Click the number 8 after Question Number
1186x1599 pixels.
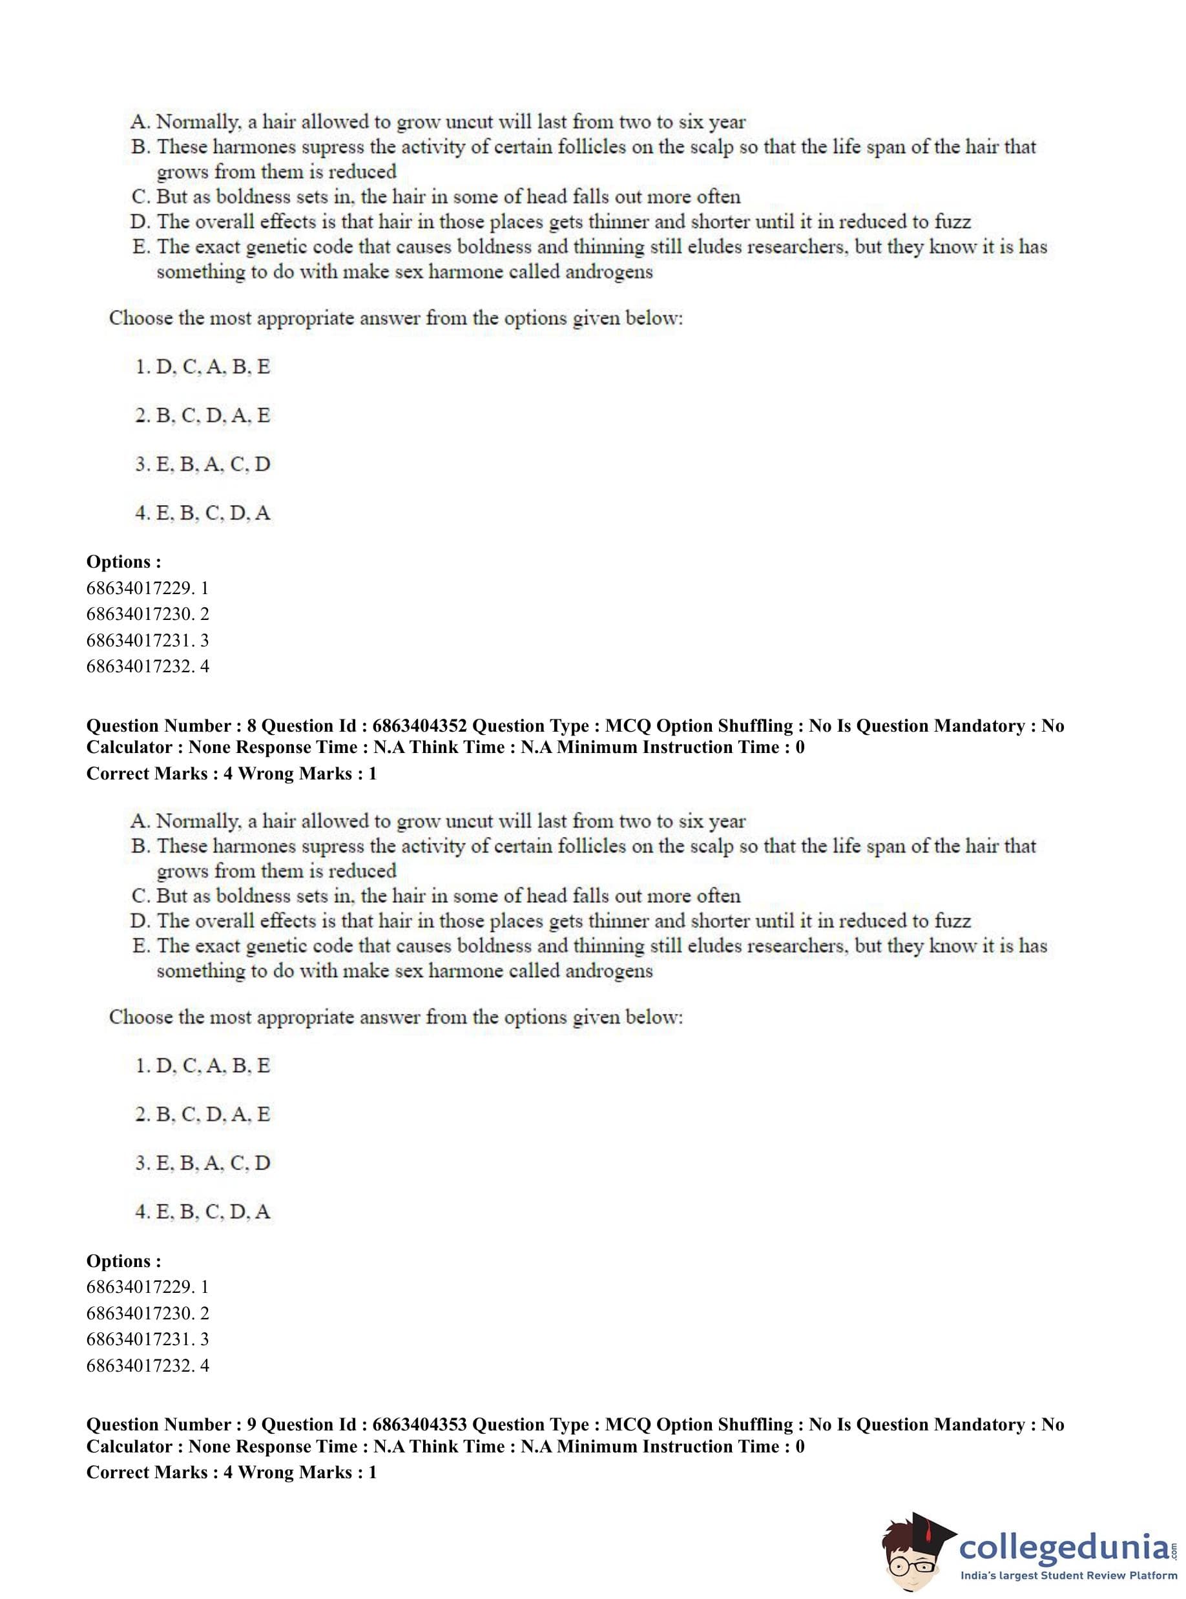tap(251, 726)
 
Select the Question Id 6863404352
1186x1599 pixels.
tap(419, 726)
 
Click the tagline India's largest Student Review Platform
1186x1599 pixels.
tap(1068, 1576)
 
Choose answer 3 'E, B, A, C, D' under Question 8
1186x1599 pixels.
tap(202, 1162)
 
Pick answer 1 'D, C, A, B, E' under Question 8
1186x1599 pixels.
tap(202, 1066)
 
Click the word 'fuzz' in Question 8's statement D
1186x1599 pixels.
tap(952, 921)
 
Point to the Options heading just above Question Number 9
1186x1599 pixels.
tap(123, 1261)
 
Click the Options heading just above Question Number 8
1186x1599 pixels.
tap(123, 562)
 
